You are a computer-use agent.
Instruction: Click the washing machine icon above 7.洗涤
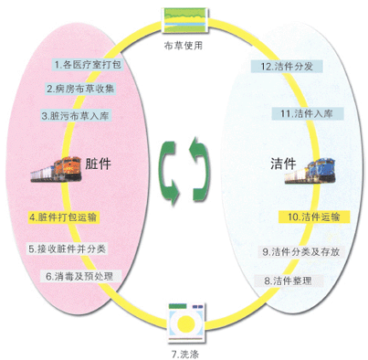(187, 322)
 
